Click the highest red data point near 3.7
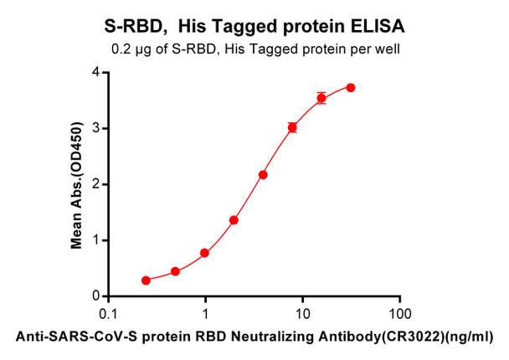tap(351, 88)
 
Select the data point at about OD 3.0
tap(292, 127)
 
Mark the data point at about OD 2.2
tap(263, 175)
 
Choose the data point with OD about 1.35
tap(234, 220)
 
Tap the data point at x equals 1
tap(205, 253)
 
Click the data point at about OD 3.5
tap(321, 98)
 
